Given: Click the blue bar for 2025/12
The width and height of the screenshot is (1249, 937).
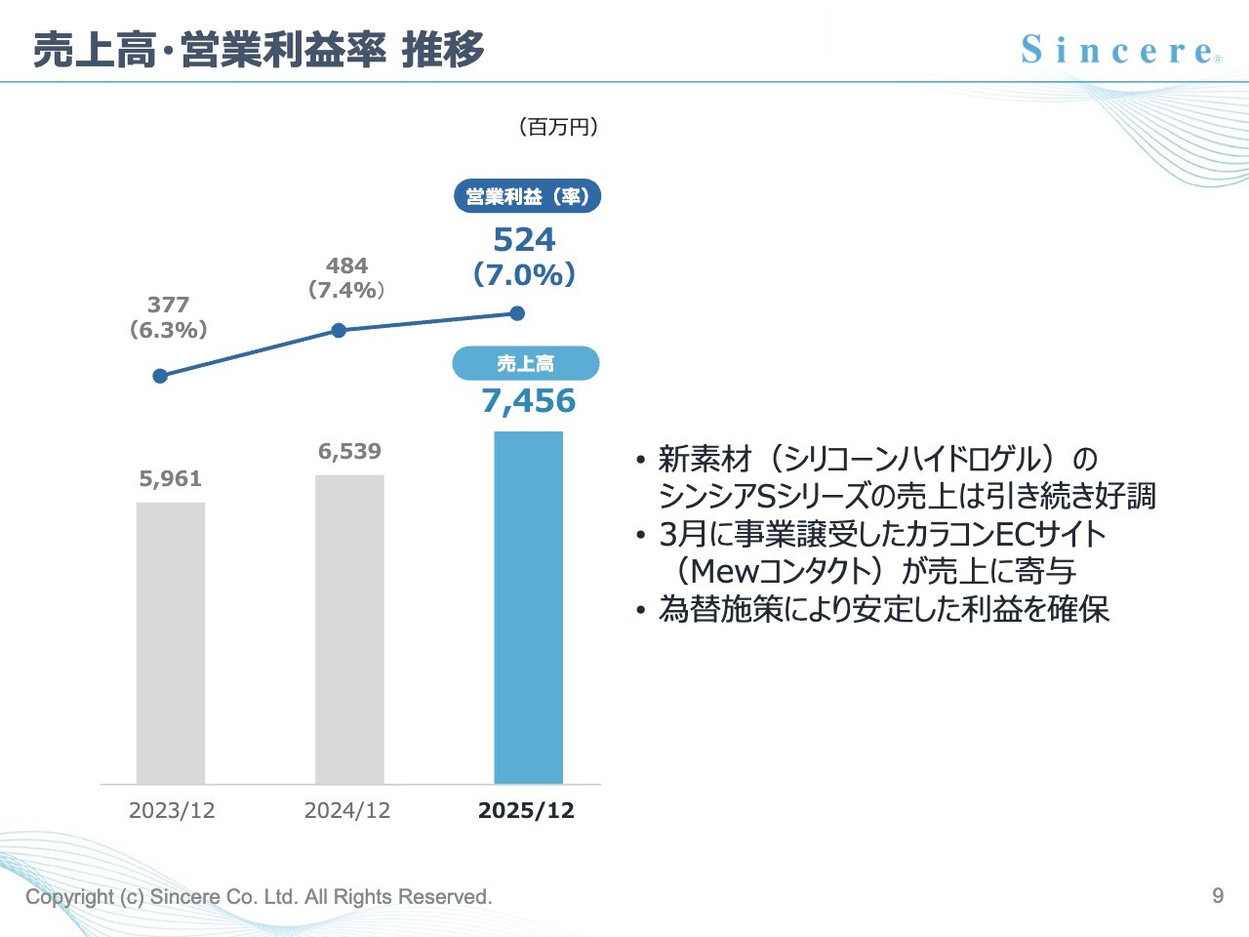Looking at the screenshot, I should click(528, 607).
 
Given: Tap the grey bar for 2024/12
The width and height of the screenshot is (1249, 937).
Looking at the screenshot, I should click(349, 629).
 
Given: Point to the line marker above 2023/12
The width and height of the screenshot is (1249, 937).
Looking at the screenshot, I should click(161, 376).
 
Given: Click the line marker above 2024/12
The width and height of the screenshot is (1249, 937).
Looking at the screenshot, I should click(339, 331).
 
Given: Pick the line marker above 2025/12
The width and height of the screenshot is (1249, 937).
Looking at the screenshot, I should click(517, 313).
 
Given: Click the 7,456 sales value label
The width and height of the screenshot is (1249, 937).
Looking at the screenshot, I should click(528, 401).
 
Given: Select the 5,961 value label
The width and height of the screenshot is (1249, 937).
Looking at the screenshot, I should click(170, 478).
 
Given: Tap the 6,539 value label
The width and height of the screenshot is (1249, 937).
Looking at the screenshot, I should click(349, 451).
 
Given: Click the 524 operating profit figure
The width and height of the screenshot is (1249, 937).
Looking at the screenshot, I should click(524, 240).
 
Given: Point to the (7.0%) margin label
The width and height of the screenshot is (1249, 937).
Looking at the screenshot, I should click(524, 275).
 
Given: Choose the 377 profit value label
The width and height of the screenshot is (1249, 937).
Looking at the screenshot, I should click(168, 305).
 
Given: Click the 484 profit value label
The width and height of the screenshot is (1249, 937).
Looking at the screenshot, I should click(346, 265).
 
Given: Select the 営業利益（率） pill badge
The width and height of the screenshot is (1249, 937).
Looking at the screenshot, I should click(527, 196).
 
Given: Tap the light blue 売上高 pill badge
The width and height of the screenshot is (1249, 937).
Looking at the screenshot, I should click(525, 363).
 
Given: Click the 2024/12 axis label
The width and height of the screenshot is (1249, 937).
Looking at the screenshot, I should click(346, 810).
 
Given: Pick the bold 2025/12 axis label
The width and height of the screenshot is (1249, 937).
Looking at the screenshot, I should click(526, 810).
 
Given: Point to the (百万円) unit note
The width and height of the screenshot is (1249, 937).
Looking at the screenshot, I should click(557, 127).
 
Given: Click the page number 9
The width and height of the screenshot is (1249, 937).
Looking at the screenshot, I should click(1217, 895).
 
